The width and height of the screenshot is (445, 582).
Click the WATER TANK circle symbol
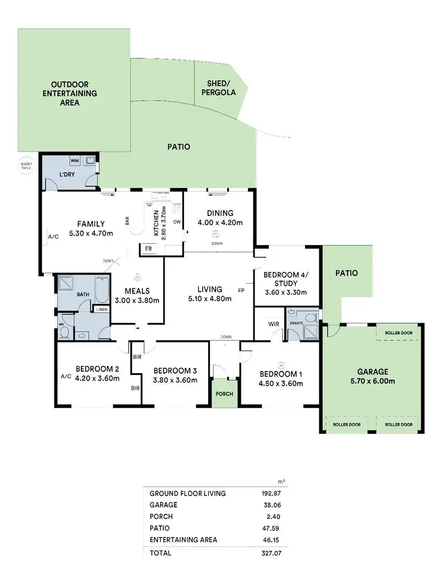coord(26,166)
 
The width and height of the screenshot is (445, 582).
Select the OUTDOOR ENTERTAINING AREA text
coord(74,93)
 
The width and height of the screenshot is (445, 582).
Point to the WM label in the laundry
coord(75,160)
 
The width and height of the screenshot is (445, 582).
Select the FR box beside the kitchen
coord(147,250)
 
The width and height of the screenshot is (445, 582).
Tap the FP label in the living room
coord(241,291)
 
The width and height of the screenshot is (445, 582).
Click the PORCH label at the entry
coord(225,394)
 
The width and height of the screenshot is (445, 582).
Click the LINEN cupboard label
coord(101,309)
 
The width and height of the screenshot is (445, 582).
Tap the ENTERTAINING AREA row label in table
coord(183,539)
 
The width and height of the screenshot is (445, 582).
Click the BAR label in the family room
coord(127,220)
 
